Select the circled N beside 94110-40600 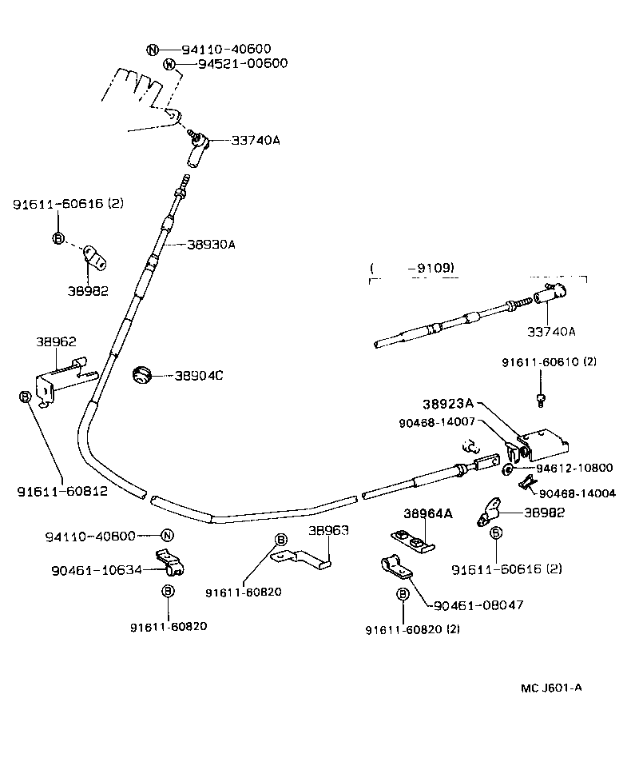153,50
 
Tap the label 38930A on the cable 211,244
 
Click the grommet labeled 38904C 142,374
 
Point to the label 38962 56,341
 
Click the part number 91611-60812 62,490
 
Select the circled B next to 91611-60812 25,396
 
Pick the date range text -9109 435,269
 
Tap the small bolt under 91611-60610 541,397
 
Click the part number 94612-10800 574,468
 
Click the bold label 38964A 427,513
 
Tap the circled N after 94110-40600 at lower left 167,536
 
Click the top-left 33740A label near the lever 256,140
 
